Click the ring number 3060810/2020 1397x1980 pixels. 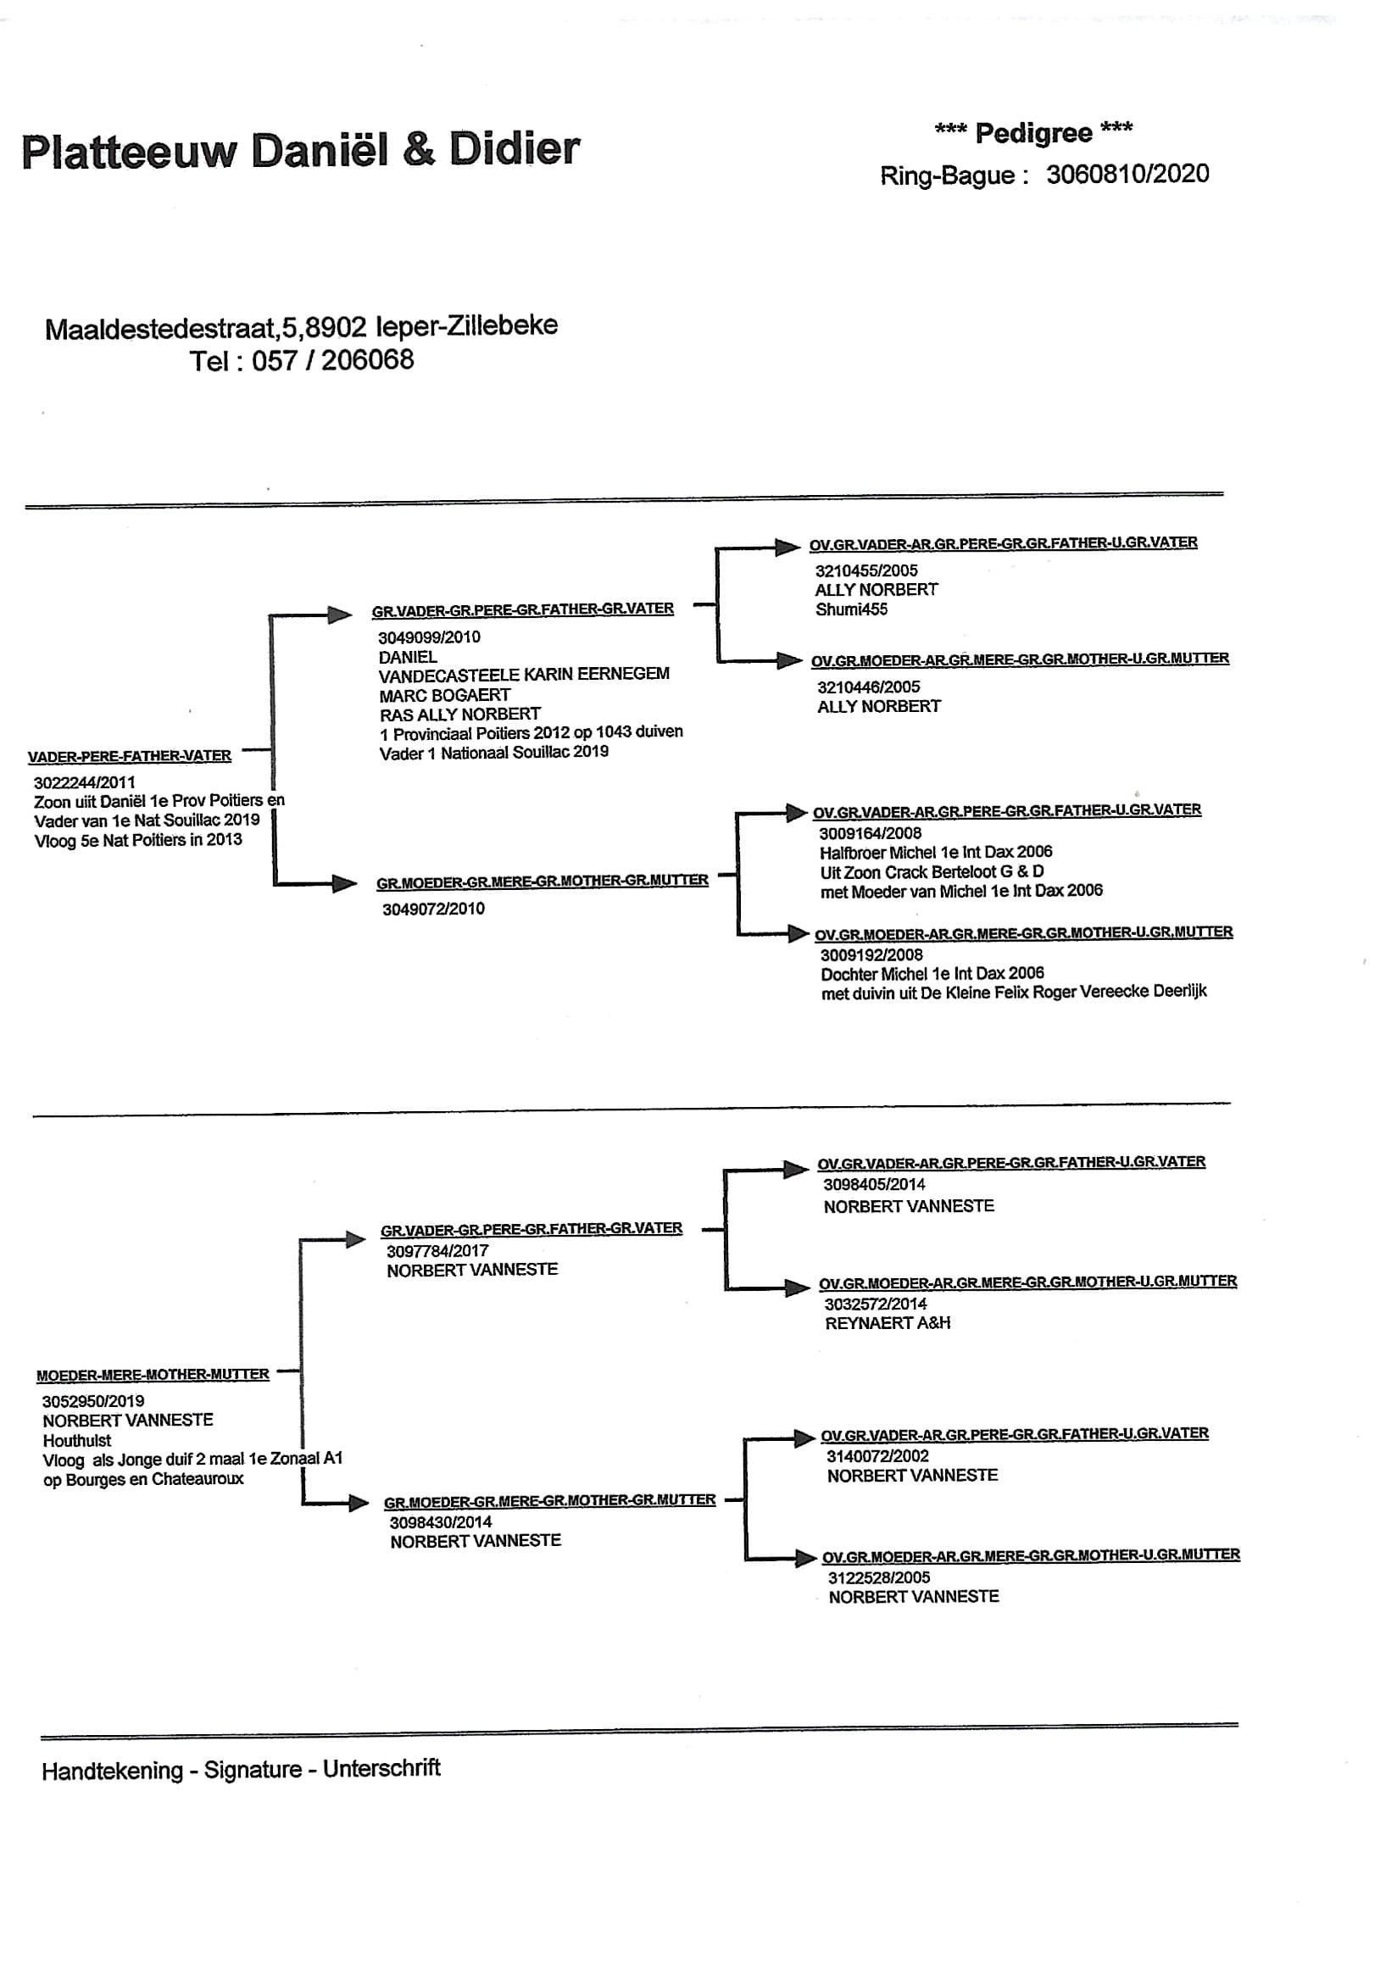point(1127,175)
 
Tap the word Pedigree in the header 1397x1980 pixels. point(1033,133)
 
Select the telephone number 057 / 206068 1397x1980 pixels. point(332,359)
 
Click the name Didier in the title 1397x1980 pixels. point(514,149)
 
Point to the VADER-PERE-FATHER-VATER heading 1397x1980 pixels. point(130,756)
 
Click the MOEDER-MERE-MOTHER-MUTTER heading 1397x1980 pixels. point(153,1374)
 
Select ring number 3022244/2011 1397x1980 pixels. point(85,783)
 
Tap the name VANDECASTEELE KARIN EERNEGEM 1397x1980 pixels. point(523,675)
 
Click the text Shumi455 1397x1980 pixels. point(851,609)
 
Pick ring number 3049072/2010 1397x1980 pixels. point(434,909)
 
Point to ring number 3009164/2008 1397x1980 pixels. point(870,833)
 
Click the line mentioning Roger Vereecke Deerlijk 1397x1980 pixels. point(1013,993)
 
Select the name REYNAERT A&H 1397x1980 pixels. point(888,1323)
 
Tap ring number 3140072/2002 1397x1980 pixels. point(878,1455)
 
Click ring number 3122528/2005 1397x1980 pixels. point(879,1577)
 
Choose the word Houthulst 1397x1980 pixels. point(77,1440)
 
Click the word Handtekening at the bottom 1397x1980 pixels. point(112,1771)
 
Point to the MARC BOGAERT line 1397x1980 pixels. point(445,695)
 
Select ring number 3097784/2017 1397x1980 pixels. point(437,1250)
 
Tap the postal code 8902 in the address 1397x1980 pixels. point(337,327)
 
